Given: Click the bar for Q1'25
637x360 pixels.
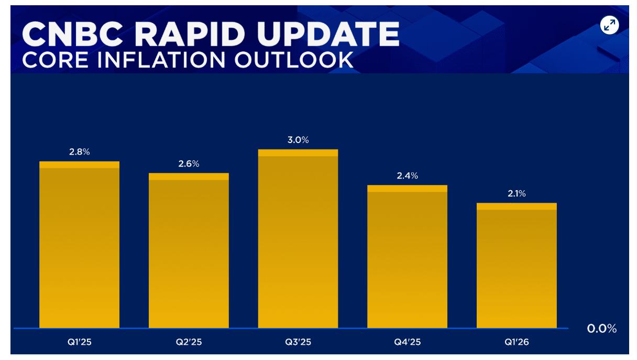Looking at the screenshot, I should pyautogui.click(x=79, y=245).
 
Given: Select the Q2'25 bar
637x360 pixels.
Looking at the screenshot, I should pyautogui.click(x=189, y=250).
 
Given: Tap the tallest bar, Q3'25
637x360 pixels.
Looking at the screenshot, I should pyautogui.click(x=298, y=239).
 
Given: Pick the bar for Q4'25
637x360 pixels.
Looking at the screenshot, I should pyautogui.click(x=407, y=257).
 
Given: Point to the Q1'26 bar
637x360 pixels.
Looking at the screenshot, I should pyautogui.click(x=517, y=266).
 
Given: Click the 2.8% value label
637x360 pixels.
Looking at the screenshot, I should pyautogui.click(x=80, y=152).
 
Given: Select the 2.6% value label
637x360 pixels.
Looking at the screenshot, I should pyautogui.click(x=189, y=163).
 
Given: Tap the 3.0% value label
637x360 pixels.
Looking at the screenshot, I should pyautogui.click(x=298, y=140).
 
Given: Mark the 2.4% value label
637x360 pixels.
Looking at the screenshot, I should pyautogui.click(x=407, y=176).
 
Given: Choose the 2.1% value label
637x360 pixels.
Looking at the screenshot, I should pyautogui.click(x=517, y=193).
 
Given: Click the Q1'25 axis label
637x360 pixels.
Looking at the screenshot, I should pyautogui.click(x=80, y=342).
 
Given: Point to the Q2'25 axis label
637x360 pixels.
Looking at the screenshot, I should pyautogui.click(x=189, y=342).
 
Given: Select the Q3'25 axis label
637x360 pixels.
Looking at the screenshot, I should pyautogui.click(x=298, y=342).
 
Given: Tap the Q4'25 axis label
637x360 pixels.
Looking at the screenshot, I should pyautogui.click(x=407, y=342).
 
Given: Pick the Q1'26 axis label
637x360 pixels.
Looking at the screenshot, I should pyautogui.click(x=517, y=342).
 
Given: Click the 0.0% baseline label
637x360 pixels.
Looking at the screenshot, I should pyautogui.click(x=602, y=329).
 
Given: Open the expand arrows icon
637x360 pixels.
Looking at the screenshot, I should pyautogui.click(x=609, y=25).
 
